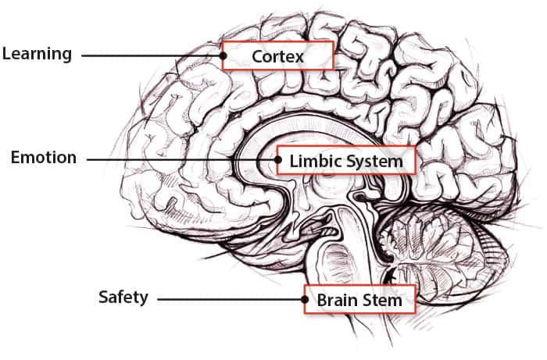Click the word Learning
point(37,54)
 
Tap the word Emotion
point(44,158)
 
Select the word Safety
point(123,298)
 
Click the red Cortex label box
point(278,56)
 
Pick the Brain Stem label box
point(359,299)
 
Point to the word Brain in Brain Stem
point(337,300)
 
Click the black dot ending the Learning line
point(223,55)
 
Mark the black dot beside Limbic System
point(277,160)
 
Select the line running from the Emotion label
point(180,160)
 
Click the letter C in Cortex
point(257,56)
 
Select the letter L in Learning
point(6,54)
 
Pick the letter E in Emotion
point(15,158)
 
